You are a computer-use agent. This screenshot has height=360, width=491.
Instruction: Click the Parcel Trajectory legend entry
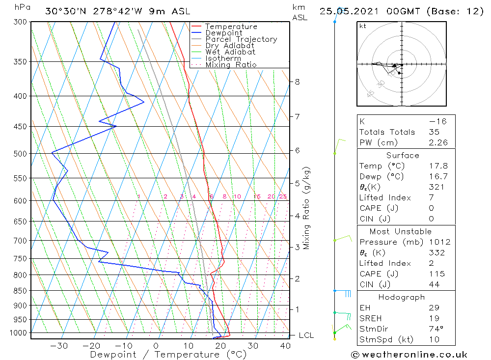tap(241, 39)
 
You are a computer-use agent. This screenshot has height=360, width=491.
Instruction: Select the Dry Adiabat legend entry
tap(230, 46)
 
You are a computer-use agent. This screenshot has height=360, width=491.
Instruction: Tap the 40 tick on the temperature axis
tap(285, 346)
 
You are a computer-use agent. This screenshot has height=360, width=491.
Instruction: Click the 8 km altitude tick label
tap(297, 82)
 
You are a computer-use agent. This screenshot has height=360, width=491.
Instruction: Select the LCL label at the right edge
tap(306, 335)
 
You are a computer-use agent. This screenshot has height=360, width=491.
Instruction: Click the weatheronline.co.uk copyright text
tap(409, 355)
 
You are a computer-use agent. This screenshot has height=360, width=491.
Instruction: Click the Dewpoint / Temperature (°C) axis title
tap(168, 355)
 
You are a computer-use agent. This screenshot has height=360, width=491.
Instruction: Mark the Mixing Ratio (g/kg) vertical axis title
tap(307, 208)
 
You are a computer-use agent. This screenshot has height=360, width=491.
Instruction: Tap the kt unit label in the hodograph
tap(362, 26)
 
